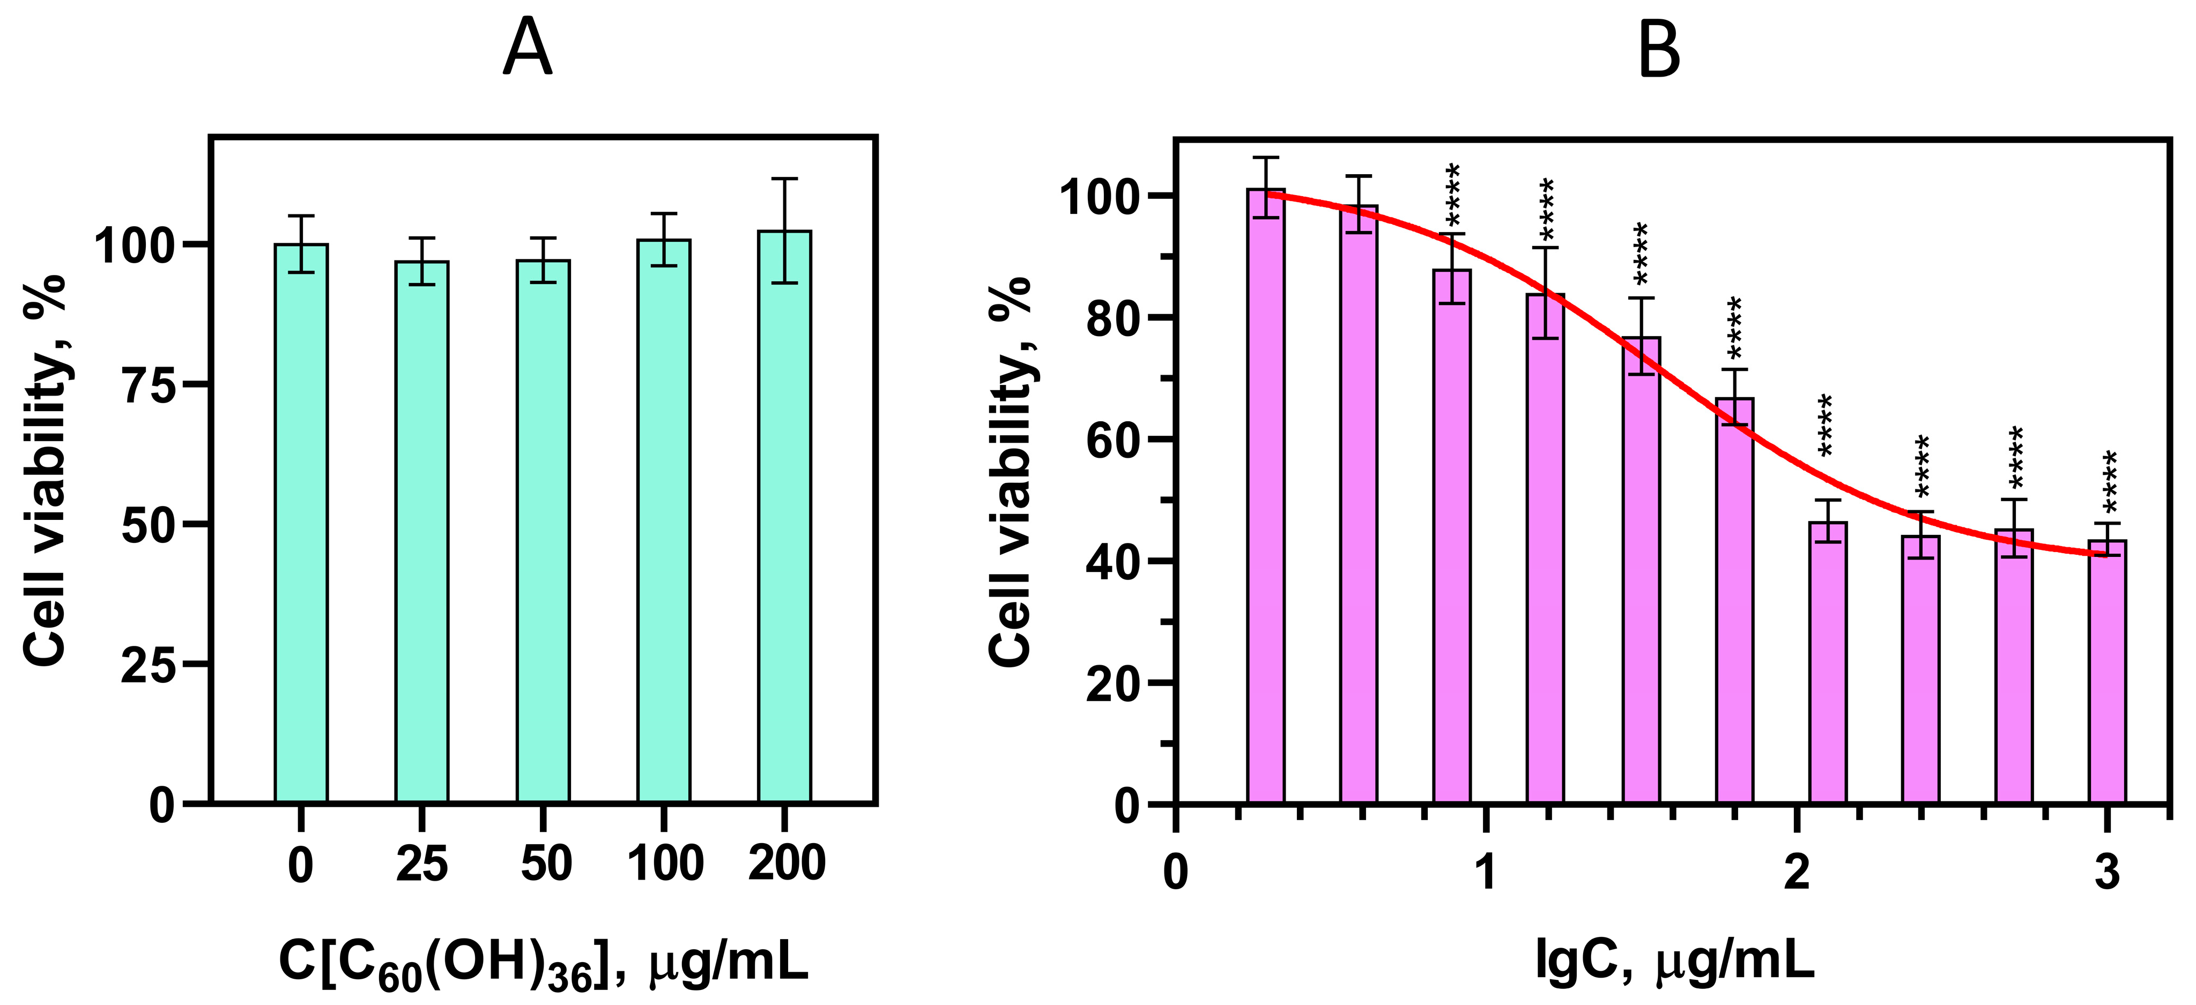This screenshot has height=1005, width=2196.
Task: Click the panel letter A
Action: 527,49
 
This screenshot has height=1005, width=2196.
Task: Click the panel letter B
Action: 1659,49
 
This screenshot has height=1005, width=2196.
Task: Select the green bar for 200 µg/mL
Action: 784,520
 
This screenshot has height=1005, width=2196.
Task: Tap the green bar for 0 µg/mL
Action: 301,524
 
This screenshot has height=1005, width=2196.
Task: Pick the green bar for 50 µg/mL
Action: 543,533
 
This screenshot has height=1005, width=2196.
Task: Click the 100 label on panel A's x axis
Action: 665,865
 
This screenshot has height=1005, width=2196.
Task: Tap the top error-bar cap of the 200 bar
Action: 784,179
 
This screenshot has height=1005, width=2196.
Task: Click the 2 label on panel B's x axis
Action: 1796,873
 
